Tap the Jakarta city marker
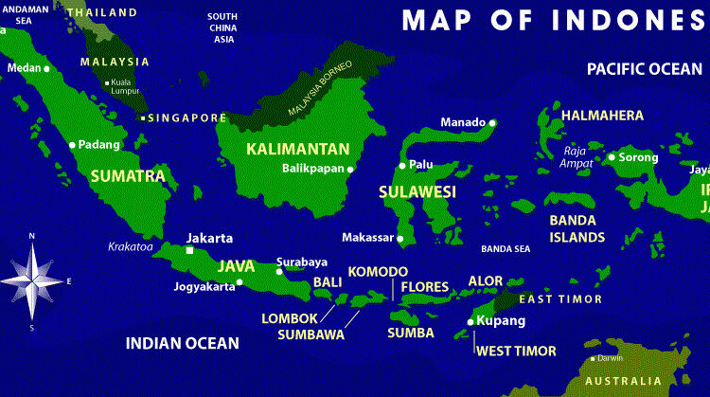(x=189, y=252)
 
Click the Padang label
(x=101, y=145)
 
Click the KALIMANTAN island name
(x=297, y=149)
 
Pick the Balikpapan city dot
(x=350, y=170)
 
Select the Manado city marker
(x=492, y=122)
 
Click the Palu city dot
(x=401, y=165)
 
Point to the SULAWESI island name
(x=417, y=192)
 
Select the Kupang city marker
(x=470, y=322)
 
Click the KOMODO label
(x=378, y=272)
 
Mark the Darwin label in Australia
(x=611, y=358)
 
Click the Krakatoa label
(x=131, y=246)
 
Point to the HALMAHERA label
(x=602, y=115)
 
